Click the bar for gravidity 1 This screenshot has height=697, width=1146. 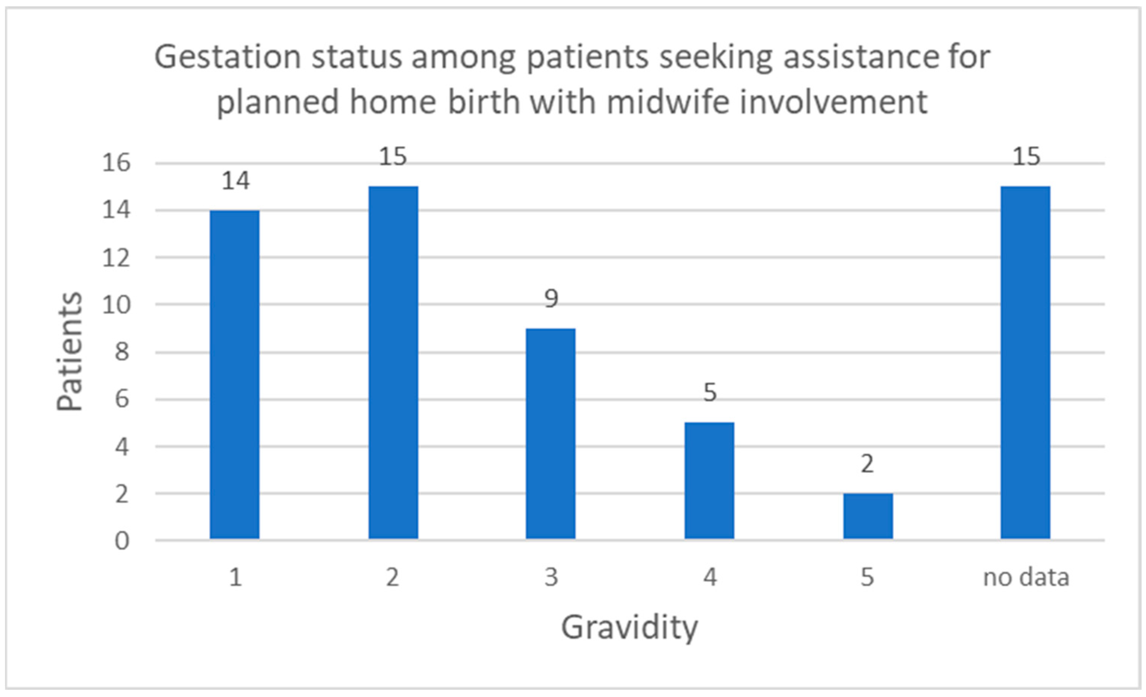tap(234, 375)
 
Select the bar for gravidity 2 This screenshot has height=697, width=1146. tap(393, 362)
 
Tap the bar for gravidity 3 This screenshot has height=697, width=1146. tap(551, 434)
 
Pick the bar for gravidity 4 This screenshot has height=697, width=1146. tap(709, 481)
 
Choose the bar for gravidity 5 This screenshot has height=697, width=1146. tap(868, 516)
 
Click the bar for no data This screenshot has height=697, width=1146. tap(1025, 362)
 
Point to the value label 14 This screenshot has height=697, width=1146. tap(235, 181)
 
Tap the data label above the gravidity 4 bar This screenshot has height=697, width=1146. tap(710, 393)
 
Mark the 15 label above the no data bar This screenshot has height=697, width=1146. tap(1026, 156)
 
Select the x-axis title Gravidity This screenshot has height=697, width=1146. tap(629, 629)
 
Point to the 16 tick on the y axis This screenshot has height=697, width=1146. tap(116, 163)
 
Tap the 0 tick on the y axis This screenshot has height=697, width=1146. tap(122, 541)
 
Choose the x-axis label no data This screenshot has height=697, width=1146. tap(1026, 578)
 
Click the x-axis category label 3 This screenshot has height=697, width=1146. tap(551, 578)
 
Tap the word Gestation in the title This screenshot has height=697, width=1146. tap(228, 57)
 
